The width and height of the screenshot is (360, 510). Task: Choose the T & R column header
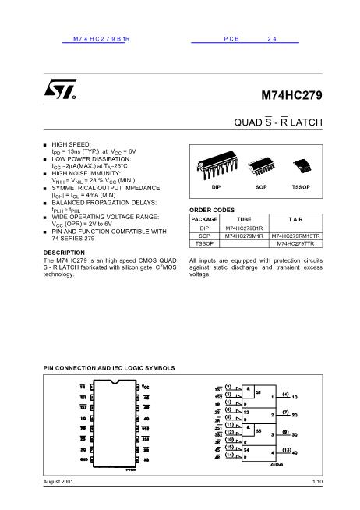click(295, 220)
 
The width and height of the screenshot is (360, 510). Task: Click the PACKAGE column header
click(204, 220)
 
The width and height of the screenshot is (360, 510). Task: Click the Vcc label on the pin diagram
click(145, 386)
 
